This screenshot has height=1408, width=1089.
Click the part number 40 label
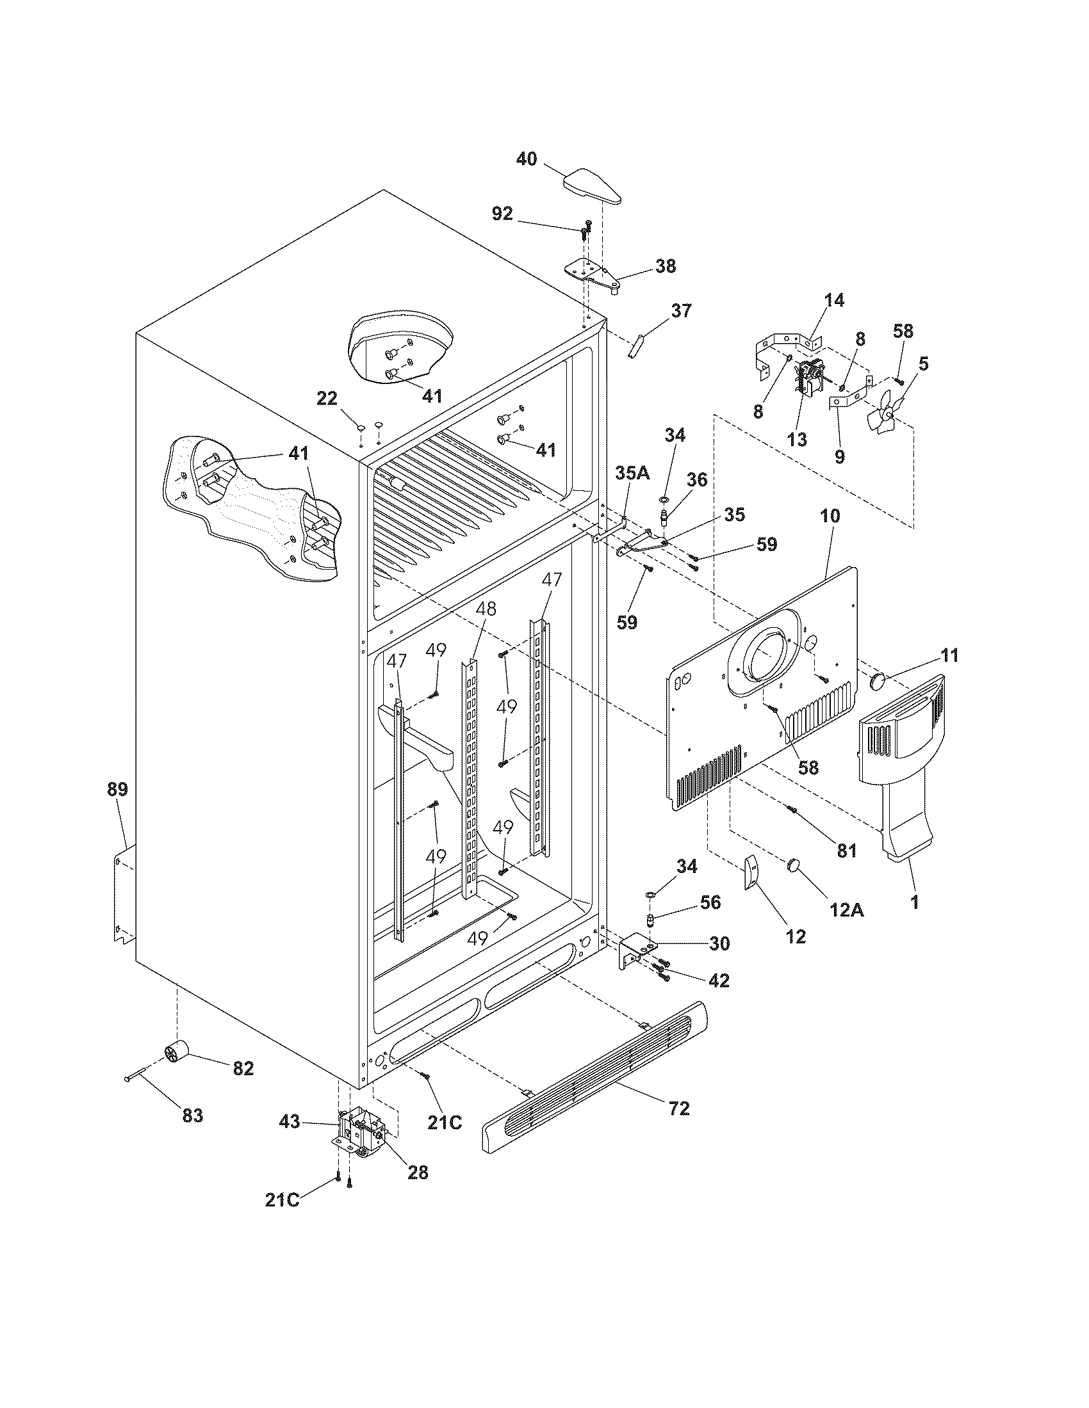tap(527, 159)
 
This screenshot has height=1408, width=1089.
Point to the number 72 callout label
tap(679, 1109)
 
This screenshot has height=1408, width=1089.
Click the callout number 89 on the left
tap(117, 789)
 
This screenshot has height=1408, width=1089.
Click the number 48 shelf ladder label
tap(486, 609)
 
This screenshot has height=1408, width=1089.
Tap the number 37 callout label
tap(680, 311)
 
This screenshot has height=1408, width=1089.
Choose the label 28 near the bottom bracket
tap(418, 1172)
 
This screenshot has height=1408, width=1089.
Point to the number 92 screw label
tap(502, 213)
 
